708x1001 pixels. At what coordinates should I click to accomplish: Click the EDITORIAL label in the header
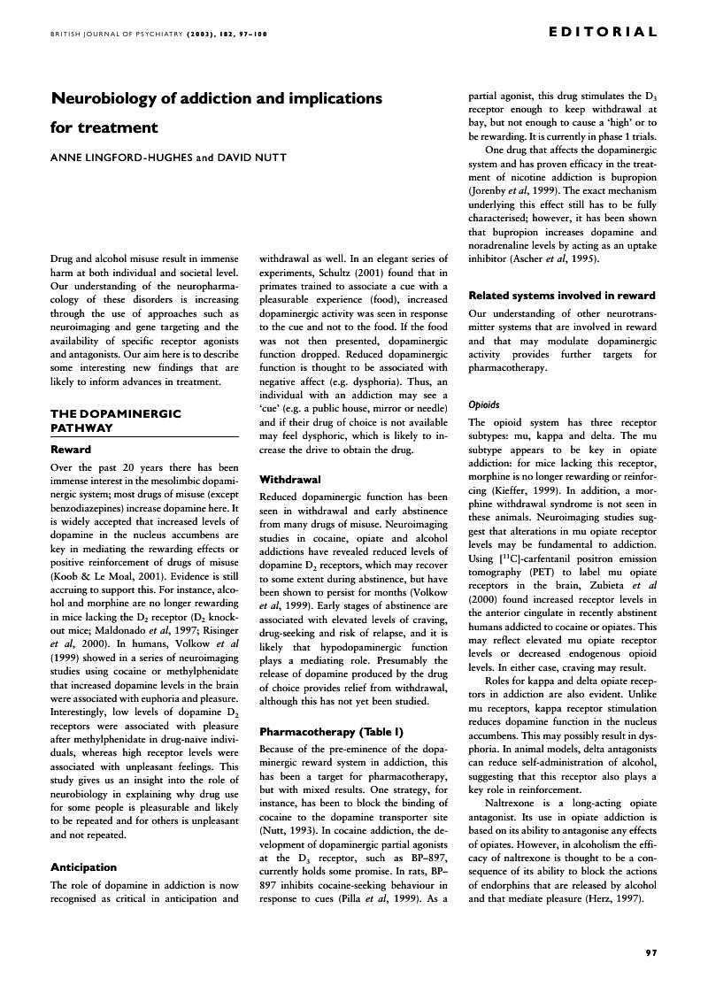pyautogui.click(x=603, y=33)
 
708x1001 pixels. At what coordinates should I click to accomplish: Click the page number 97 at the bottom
pyautogui.click(x=650, y=952)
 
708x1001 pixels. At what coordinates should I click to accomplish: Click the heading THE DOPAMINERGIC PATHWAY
pyautogui.click(x=116, y=420)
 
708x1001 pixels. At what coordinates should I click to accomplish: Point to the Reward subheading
pyautogui.click(x=71, y=450)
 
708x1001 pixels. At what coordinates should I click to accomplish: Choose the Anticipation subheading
pyautogui.click(x=83, y=867)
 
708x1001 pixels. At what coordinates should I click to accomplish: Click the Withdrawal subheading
pyautogui.click(x=289, y=480)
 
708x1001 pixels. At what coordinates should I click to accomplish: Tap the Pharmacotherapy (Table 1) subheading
pyautogui.click(x=319, y=732)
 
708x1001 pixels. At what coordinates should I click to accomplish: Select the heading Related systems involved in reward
pyautogui.click(x=561, y=296)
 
